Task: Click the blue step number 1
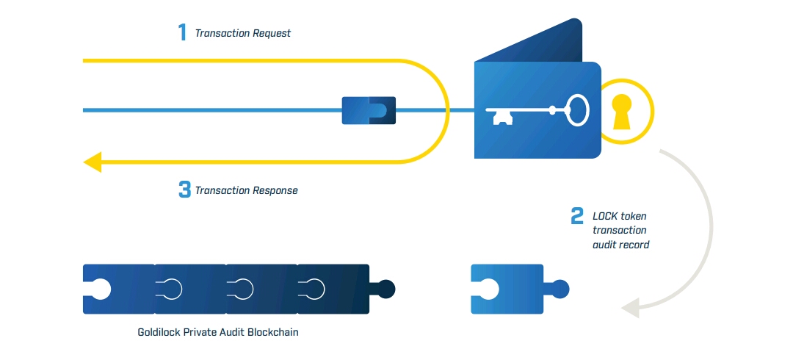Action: [x=182, y=32]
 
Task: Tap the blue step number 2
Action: [x=577, y=216]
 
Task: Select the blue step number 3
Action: [x=184, y=190]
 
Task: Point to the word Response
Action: [x=275, y=190]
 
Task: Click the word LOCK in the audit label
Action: [x=605, y=217]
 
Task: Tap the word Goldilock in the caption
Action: [x=159, y=332]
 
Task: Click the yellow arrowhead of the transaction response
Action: [x=93, y=160]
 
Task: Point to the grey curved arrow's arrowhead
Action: [x=629, y=308]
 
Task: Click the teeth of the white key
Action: [x=501, y=118]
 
